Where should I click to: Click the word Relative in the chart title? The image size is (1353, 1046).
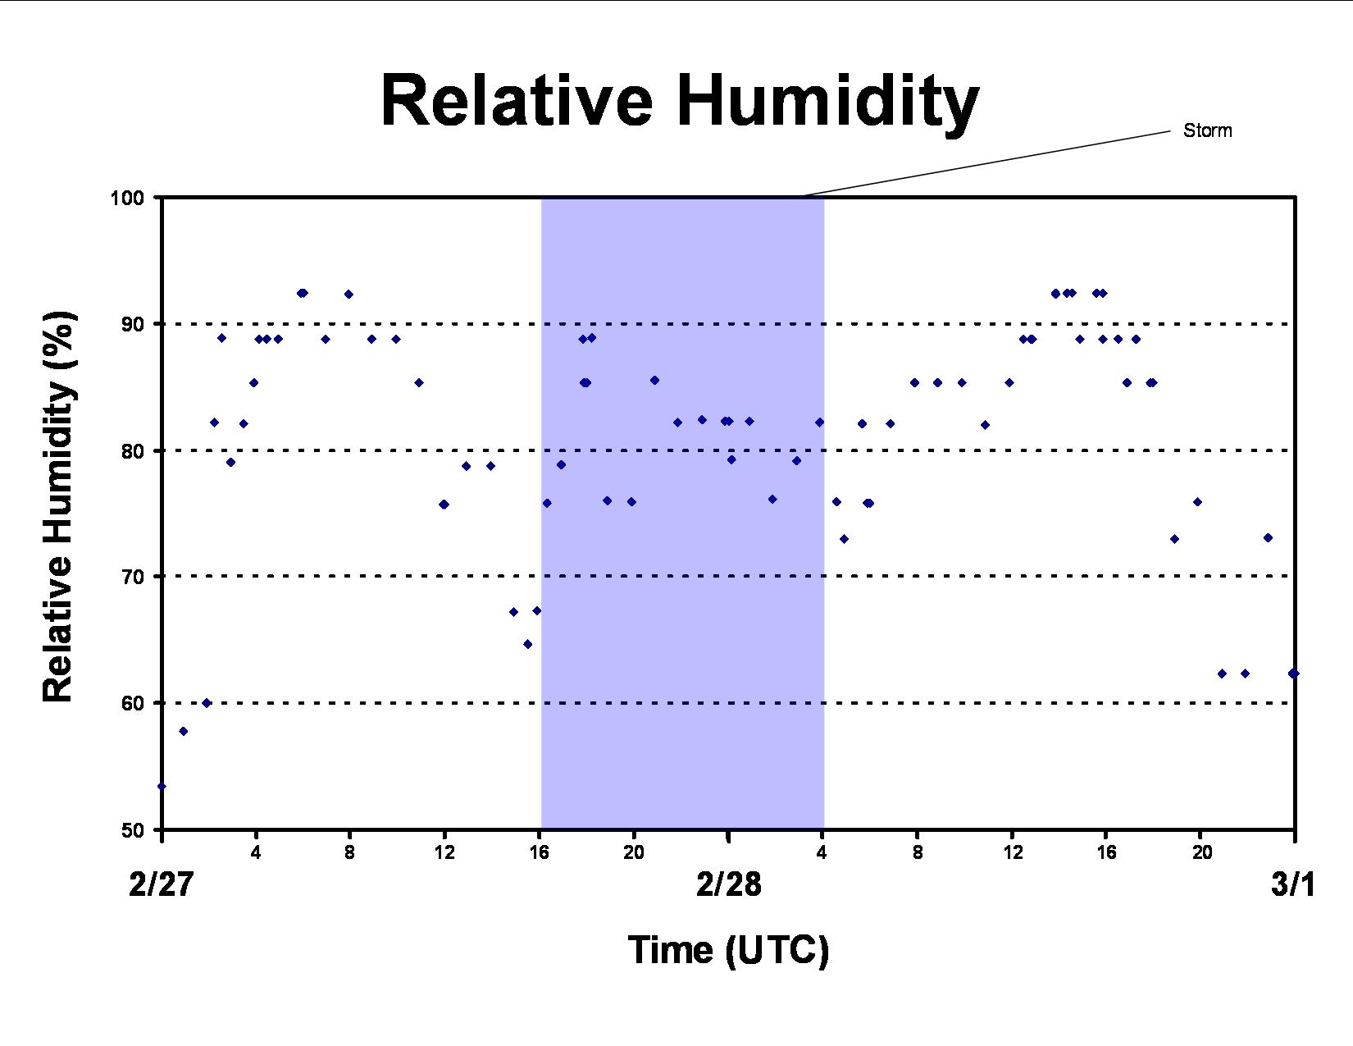click(517, 100)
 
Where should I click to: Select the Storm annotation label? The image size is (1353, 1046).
click(1207, 130)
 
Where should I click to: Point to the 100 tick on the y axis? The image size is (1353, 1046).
click(127, 198)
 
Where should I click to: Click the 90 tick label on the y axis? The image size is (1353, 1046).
click(133, 324)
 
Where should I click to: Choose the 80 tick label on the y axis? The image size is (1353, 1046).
click(133, 450)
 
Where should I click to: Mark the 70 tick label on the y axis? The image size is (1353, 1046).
click(133, 576)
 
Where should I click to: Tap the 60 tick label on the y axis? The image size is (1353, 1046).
click(133, 703)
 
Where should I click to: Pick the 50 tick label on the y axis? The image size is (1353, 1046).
click(133, 830)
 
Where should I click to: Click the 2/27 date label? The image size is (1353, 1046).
click(162, 884)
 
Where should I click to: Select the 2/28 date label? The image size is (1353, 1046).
click(728, 884)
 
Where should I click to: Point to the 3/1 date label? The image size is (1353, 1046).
click(1293, 884)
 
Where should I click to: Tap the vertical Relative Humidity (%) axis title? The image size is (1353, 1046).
click(58, 506)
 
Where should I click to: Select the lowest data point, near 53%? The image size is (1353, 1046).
click(162, 787)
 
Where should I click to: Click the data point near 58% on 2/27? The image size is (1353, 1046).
click(183, 732)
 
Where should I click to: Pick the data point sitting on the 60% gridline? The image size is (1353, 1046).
click(207, 703)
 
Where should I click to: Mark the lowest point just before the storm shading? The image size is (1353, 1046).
click(527, 644)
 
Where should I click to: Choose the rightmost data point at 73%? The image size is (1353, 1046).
click(1268, 537)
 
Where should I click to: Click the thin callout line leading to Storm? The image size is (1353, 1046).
click(986, 164)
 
